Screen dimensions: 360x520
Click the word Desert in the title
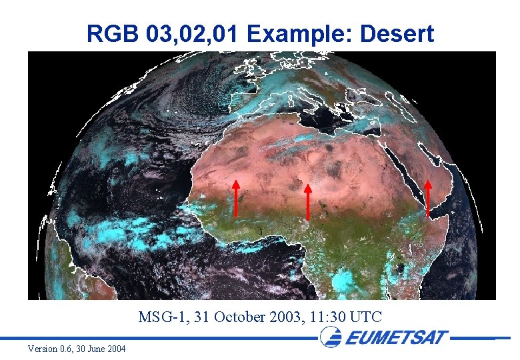click(397, 33)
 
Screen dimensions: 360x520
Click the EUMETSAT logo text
click(397, 337)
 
